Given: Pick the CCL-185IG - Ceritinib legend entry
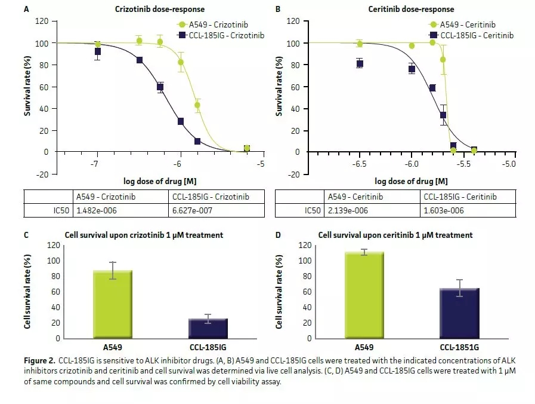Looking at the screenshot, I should pos(470,35).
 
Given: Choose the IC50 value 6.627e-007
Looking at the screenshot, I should pos(194,210).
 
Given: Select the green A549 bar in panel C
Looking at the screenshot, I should pos(112,304).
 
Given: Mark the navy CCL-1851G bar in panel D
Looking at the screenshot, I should pos(459,313).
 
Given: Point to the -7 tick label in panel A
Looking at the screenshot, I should pos(95,164).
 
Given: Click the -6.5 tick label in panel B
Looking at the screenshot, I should pos(360,164).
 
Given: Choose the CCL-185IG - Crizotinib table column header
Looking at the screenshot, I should pos(209,197).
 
